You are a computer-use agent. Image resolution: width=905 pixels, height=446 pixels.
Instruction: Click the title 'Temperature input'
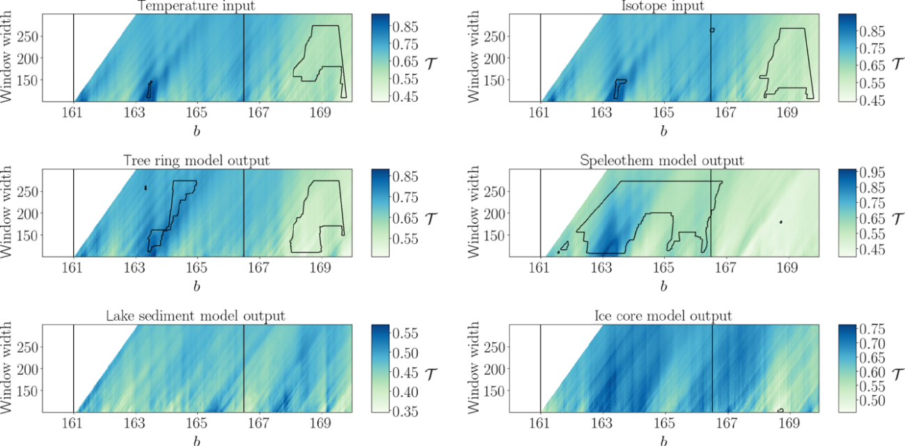(x=197, y=6)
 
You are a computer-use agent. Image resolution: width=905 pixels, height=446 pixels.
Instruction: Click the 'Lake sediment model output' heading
(x=197, y=316)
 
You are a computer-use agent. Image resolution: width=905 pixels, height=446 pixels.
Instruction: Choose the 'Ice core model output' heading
(x=663, y=316)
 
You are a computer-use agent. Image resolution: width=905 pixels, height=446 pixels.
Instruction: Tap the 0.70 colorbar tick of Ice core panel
(x=874, y=344)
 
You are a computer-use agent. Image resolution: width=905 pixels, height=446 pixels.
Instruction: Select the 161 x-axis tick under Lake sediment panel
(x=73, y=423)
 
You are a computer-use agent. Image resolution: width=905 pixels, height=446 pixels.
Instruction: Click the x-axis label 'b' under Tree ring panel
(x=197, y=286)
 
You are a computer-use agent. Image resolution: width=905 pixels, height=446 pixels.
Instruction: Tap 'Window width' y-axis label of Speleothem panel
(x=479, y=213)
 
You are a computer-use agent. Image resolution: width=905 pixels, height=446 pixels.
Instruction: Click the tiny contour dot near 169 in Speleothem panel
(x=781, y=222)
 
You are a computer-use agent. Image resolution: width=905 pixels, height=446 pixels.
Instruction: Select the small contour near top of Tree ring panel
(x=145, y=187)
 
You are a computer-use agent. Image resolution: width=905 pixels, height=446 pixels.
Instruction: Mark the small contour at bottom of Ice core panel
(x=780, y=410)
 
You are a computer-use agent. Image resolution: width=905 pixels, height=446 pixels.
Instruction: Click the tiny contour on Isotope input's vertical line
(x=712, y=30)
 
